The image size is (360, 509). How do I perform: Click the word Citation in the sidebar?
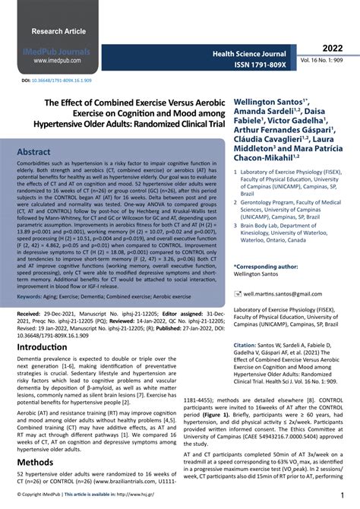tap(246, 345)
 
